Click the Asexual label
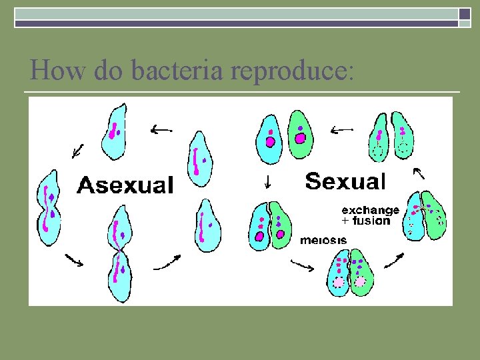pyautogui.click(x=125, y=185)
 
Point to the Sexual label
pyautogui.click(x=345, y=181)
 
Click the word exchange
pyautogui.click(x=370, y=210)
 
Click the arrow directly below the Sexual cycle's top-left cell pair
pyautogui.click(x=267, y=180)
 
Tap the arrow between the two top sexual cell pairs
pyautogui.click(x=342, y=128)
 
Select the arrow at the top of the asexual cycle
pyautogui.click(x=160, y=129)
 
